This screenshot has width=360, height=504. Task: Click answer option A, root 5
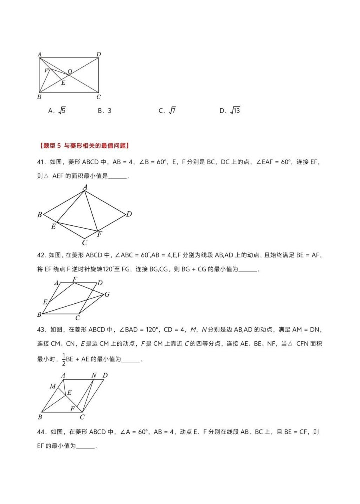pos(57,111)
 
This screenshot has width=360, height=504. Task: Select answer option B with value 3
pos(104,111)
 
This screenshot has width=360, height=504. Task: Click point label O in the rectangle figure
pos(70,72)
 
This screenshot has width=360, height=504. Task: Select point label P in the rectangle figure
pos(46,70)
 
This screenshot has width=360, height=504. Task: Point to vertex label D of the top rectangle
pos(99,54)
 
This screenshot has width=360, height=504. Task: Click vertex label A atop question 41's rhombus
pos(85,187)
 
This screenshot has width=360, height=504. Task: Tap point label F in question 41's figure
pos(100,234)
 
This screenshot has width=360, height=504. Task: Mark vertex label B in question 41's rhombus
pos(39,215)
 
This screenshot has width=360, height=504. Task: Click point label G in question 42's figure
pos(107,294)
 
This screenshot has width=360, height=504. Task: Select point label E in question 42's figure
pos(45,302)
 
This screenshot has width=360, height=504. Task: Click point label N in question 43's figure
pos(94,375)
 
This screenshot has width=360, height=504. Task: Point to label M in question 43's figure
pos(53,386)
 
